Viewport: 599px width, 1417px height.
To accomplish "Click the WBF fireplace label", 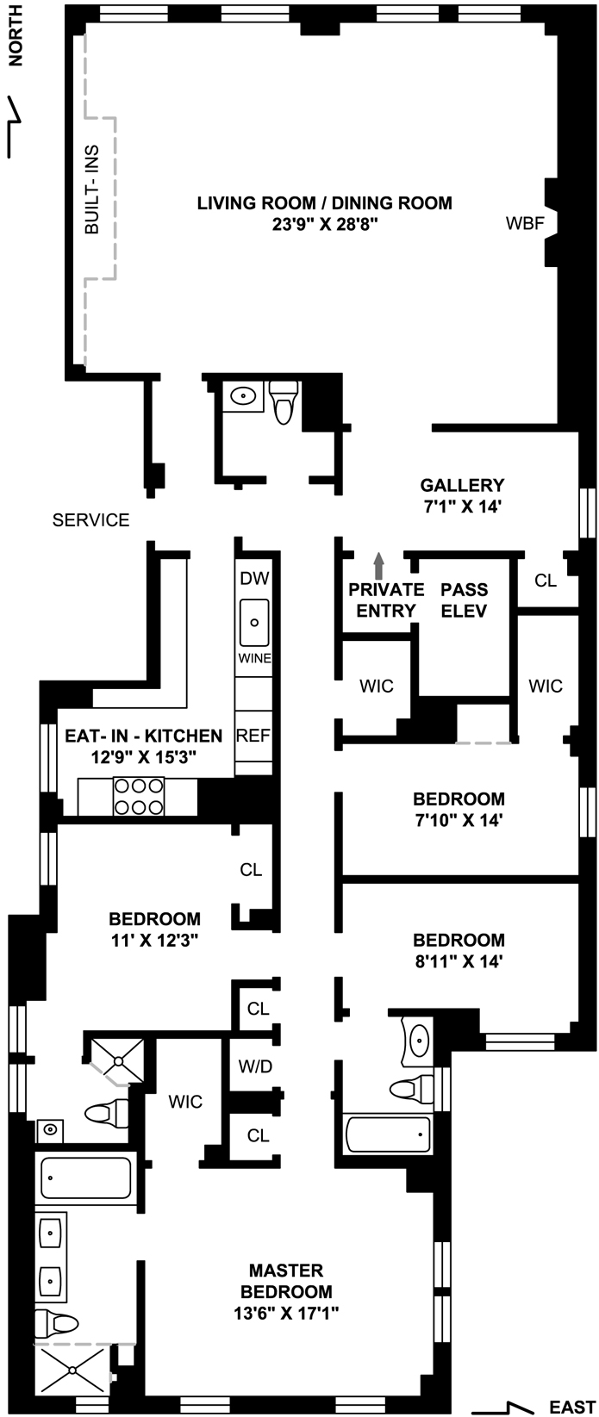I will pyautogui.click(x=524, y=224).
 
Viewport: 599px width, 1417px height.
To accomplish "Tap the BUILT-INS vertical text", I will pyautogui.click(x=92, y=190).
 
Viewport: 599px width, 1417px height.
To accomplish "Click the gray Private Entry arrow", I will pyautogui.click(x=377, y=565).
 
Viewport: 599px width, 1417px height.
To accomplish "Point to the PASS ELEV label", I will pyautogui.click(x=464, y=600).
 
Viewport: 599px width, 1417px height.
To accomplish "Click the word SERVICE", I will pyautogui.click(x=91, y=520).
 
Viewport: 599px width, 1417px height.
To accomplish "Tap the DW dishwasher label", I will pyautogui.click(x=253, y=579).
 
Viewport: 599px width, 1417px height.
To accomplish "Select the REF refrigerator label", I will pyautogui.click(x=253, y=736).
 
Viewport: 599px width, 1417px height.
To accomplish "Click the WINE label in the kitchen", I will pyautogui.click(x=254, y=658).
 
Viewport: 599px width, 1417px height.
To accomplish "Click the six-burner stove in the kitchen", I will pyautogui.click(x=139, y=796).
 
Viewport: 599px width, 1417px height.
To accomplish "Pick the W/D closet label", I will pyautogui.click(x=255, y=1066).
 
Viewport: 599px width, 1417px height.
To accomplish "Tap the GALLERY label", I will pyautogui.click(x=462, y=485).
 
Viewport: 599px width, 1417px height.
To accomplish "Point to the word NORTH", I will pyautogui.click(x=15, y=43).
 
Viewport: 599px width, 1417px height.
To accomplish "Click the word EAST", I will pyautogui.click(x=571, y=1408).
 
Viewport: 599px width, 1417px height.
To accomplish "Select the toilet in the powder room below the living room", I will pyautogui.click(x=284, y=403).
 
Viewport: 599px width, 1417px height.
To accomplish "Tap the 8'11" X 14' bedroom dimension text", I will pyautogui.click(x=458, y=960).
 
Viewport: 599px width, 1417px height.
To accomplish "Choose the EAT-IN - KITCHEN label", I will pyautogui.click(x=144, y=736).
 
